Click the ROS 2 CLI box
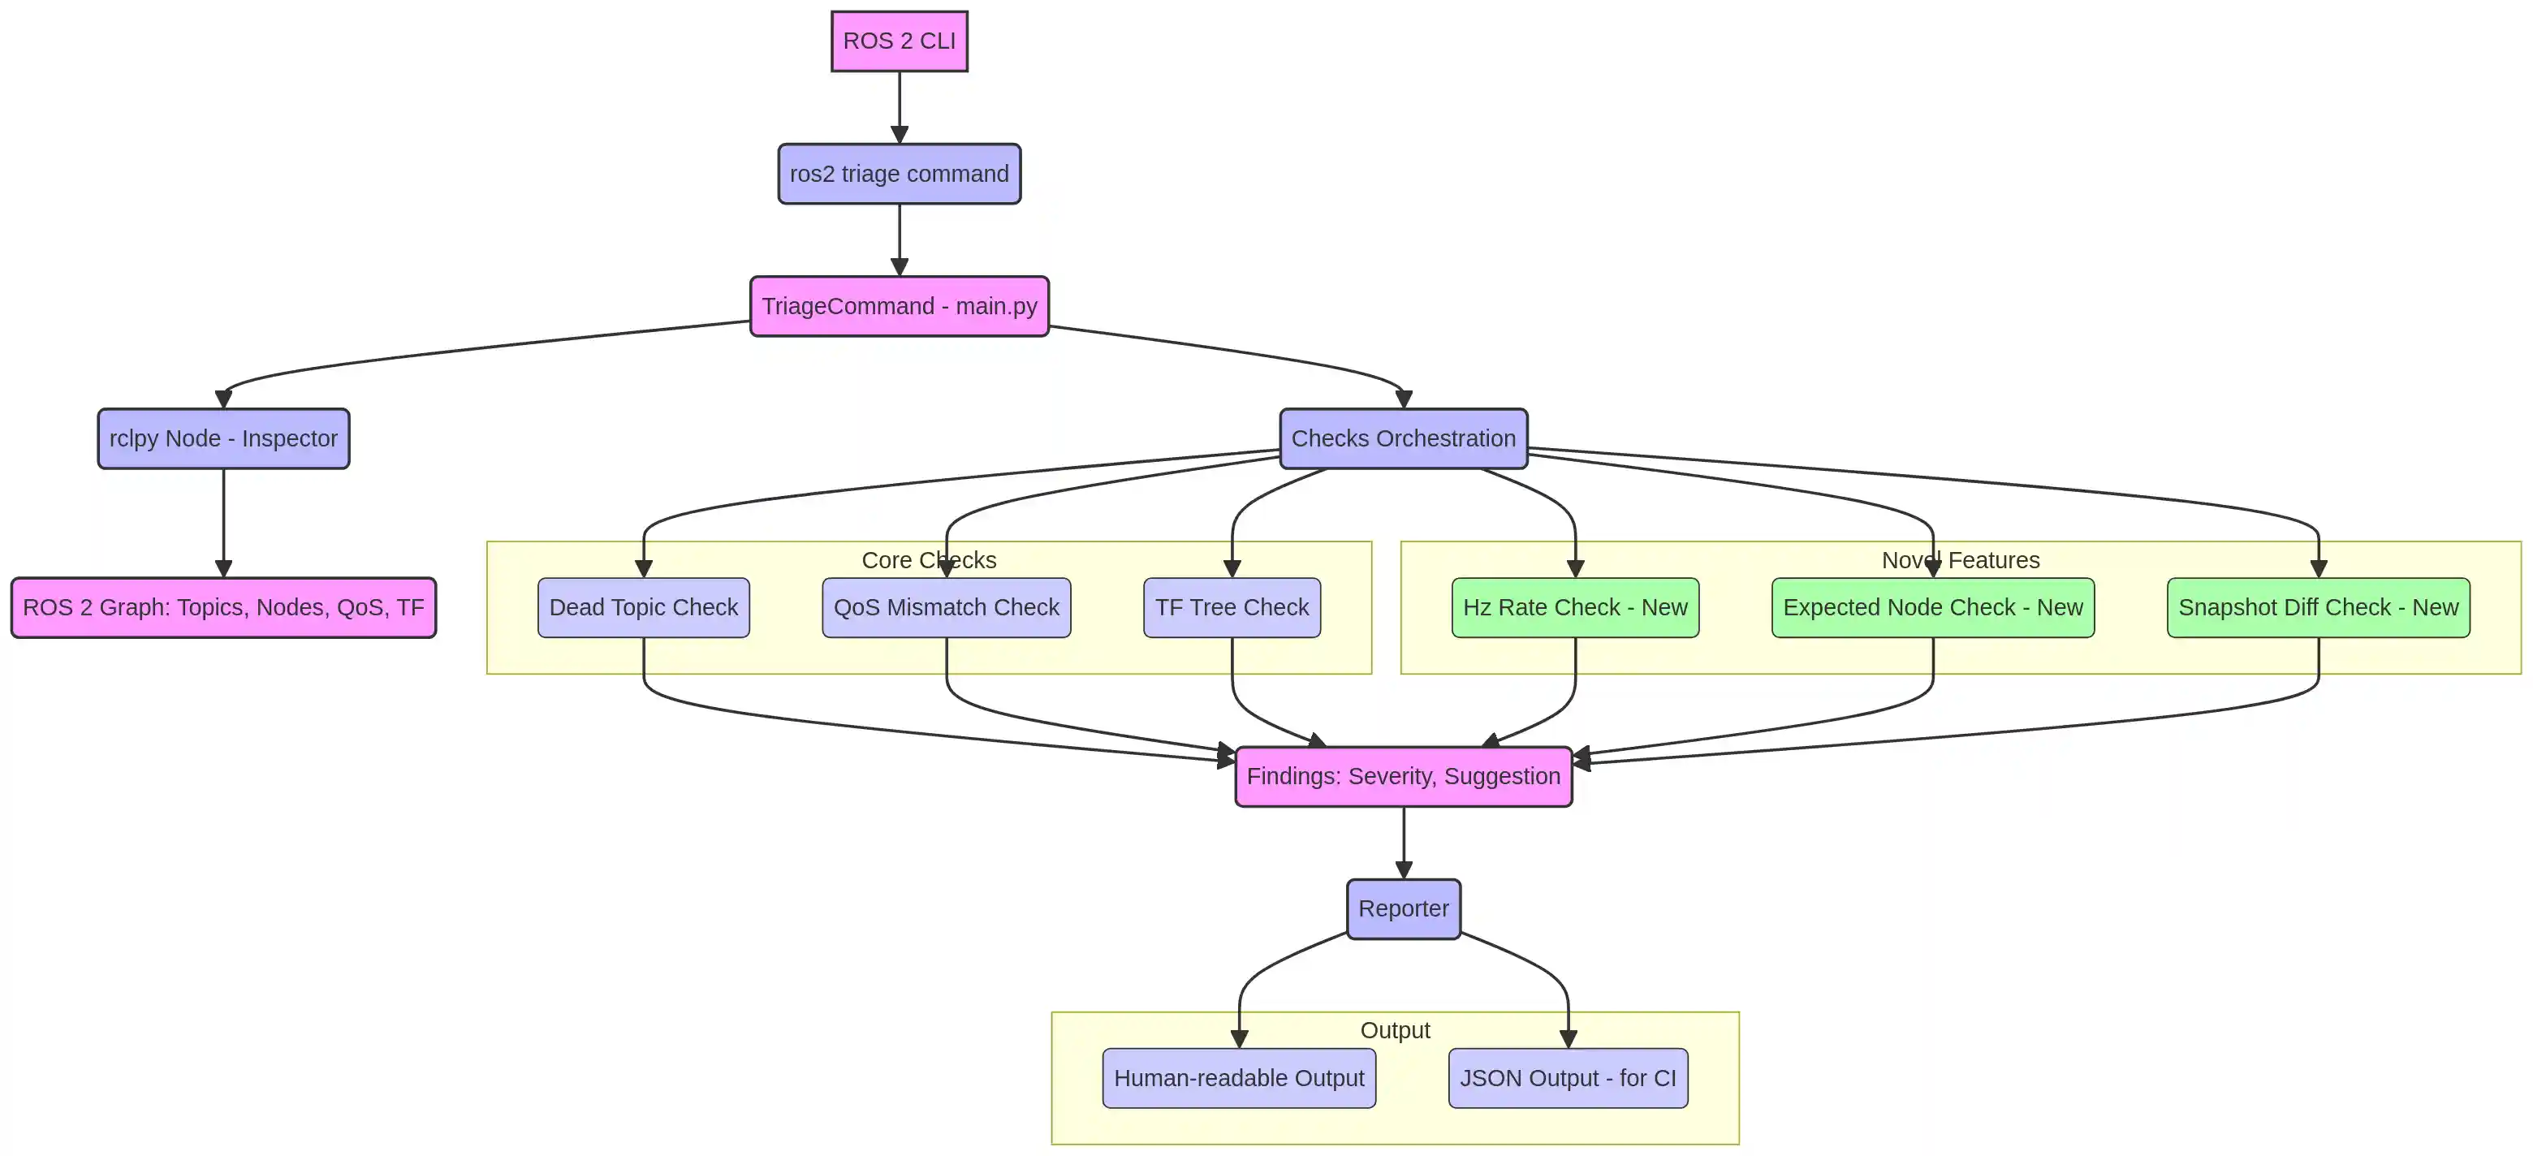(x=899, y=41)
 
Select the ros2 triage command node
(x=899, y=174)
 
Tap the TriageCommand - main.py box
(x=899, y=307)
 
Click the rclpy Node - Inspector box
(x=223, y=438)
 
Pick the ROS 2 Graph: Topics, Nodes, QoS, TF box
(x=223, y=607)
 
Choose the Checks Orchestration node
(x=1403, y=438)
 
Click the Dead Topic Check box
(x=643, y=607)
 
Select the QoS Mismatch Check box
(x=946, y=607)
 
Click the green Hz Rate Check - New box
(x=1574, y=607)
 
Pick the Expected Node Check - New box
(x=1932, y=607)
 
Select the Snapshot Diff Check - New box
(x=2318, y=607)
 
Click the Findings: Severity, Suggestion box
(x=1403, y=777)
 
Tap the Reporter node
(x=1403, y=909)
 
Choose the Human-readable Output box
(x=1238, y=1078)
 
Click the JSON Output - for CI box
(x=1568, y=1078)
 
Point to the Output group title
(x=1394, y=1030)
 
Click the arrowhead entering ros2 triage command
(x=899, y=136)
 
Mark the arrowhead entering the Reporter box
(x=1403, y=871)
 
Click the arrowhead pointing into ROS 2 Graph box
(x=223, y=569)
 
